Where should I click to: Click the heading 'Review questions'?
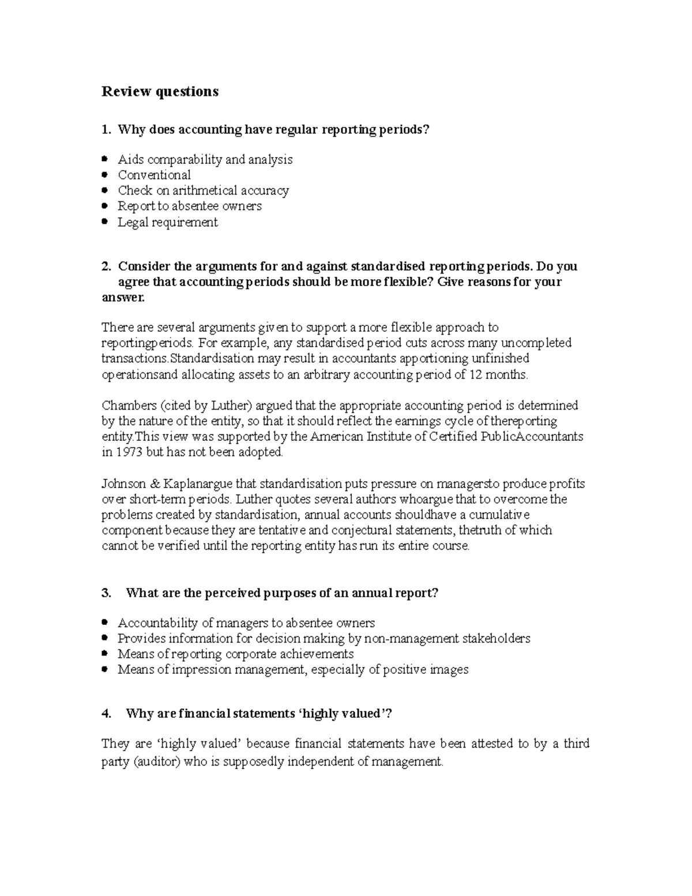pos(160,91)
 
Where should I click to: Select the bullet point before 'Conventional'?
pos(104,174)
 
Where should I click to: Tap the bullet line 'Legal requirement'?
pos(168,222)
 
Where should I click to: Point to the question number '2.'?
pos(106,266)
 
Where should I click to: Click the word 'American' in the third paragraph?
pos(338,436)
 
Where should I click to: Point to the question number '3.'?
pos(106,593)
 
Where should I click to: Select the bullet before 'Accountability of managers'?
pos(104,623)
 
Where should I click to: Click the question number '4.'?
pos(106,713)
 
